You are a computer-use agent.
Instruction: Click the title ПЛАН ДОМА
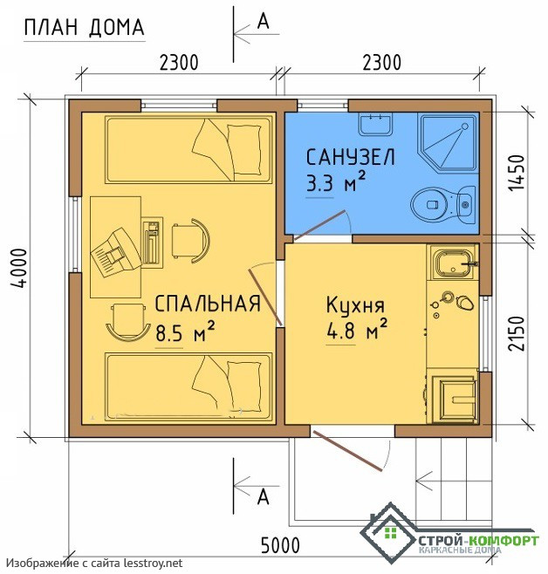tap(84, 27)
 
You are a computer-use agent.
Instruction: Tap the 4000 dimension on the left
tap(18, 269)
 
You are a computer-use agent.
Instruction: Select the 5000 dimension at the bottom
tap(280, 545)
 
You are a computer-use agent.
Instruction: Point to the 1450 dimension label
tap(517, 173)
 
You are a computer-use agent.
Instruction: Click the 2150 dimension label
tap(517, 333)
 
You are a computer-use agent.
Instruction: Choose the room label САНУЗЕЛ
tap(350, 157)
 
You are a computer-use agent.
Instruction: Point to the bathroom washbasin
tap(375, 125)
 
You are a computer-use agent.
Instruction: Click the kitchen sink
tap(454, 263)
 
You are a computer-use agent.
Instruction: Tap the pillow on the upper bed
tap(244, 149)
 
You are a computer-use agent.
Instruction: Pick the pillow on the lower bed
tap(244, 386)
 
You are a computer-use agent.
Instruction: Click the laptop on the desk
tap(115, 252)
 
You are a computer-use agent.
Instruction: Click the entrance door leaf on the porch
tap(348, 451)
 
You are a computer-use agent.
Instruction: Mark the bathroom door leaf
tap(319, 225)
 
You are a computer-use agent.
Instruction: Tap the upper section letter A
tap(264, 21)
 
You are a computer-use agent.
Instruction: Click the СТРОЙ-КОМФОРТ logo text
tap(478, 540)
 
